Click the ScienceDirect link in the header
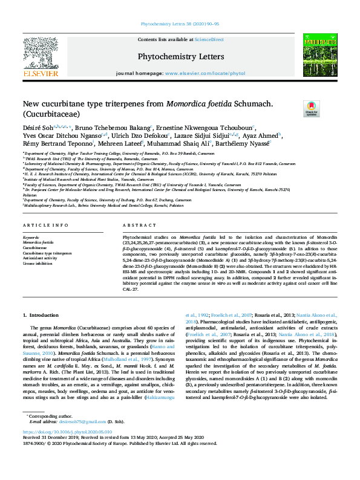(209, 39)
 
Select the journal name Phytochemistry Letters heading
(181, 57)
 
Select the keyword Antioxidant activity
(41, 258)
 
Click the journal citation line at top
(180, 24)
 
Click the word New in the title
(32, 103)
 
